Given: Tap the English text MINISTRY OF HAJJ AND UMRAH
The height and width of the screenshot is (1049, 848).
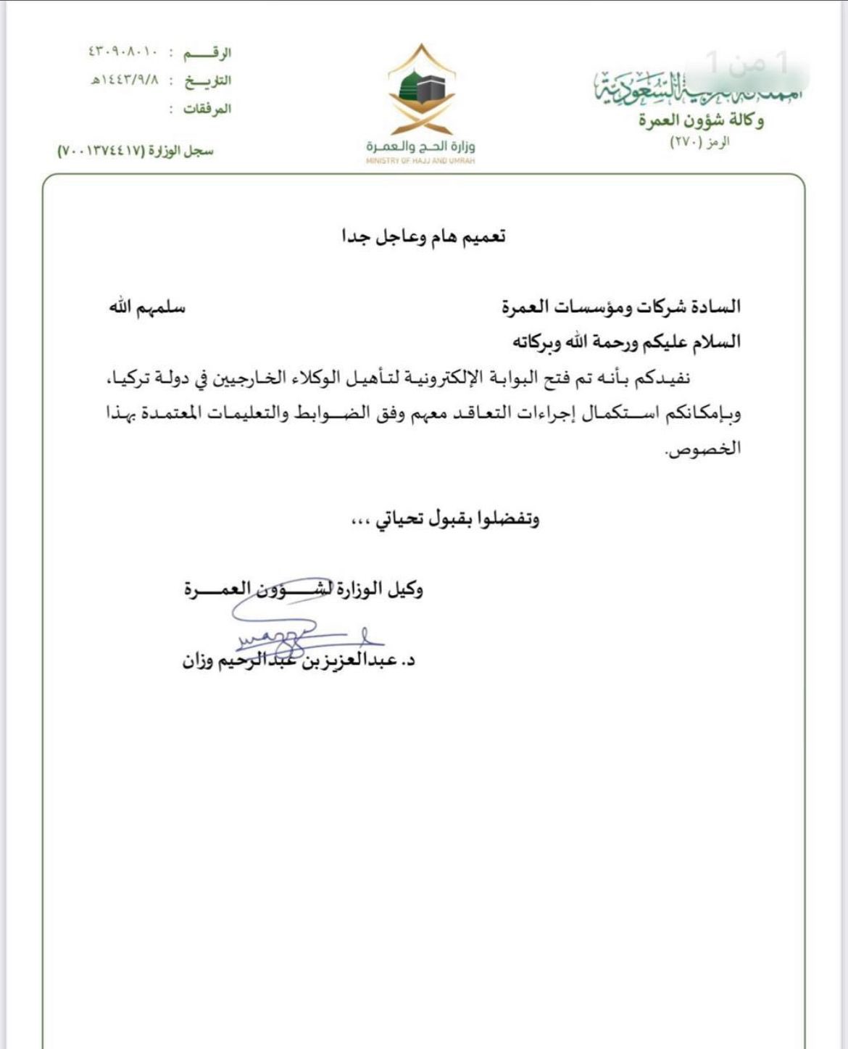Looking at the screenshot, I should tap(420, 161).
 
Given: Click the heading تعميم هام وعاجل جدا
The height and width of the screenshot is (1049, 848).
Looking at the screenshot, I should tap(424, 237).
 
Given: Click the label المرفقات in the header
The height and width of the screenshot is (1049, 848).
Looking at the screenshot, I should tap(207, 109).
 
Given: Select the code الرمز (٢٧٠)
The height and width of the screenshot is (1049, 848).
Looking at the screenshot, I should tap(699, 143).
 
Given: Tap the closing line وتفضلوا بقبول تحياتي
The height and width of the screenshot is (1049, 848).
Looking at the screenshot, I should tap(456, 519).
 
